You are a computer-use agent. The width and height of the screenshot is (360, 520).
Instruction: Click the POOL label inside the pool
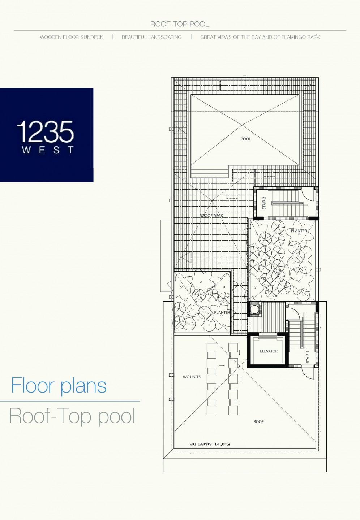[x=246, y=139]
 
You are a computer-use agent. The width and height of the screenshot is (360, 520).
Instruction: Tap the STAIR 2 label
[x=264, y=203]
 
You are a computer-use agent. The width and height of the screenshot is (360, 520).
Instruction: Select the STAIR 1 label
[x=308, y=357]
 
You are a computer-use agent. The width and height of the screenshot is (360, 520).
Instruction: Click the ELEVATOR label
[x=269, y=351]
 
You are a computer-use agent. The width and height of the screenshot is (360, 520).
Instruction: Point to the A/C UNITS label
[x=192, y=377]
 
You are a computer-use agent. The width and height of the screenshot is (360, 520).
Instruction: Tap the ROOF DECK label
[x=211, y=216]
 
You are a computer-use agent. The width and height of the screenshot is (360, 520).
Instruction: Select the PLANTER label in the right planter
[x=299, y=231]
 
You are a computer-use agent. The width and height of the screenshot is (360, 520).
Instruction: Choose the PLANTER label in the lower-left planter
[x=222, y=312]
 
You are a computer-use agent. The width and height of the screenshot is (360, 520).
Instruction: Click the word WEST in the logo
[x=48, y=150]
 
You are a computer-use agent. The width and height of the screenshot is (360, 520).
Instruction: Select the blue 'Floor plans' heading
[x=59, y=386]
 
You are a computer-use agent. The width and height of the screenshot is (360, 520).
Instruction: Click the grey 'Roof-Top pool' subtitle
[x=72, y=416]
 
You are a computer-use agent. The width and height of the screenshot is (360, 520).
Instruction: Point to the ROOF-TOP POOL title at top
[x=180, y=24]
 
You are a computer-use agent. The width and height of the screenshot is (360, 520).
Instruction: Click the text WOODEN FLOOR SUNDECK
[x=72, y=37]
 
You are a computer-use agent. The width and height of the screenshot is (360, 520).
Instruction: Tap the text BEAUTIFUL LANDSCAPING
[x=152, y=37]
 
